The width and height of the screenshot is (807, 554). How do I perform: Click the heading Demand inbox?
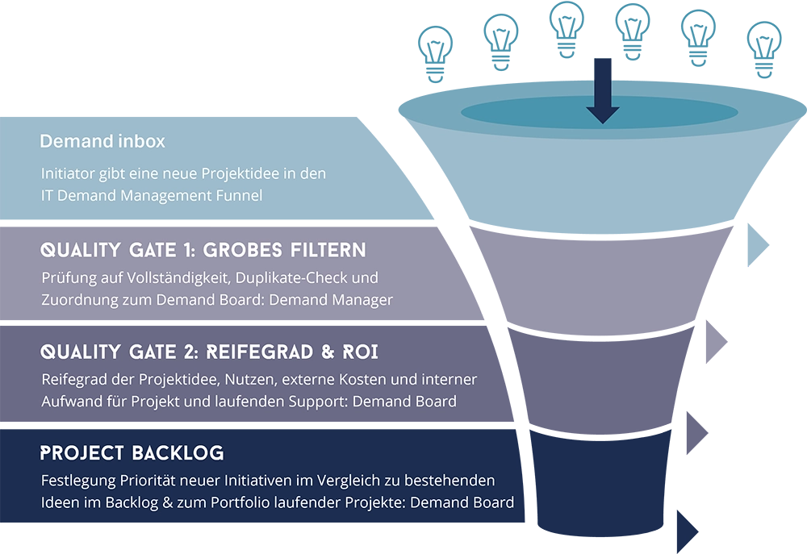[x=102, y=141]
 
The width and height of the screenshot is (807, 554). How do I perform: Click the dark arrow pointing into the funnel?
[x=602, y=98]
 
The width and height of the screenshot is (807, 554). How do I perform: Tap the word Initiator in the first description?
[x=67, y=173]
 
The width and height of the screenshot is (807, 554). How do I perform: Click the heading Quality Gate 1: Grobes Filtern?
[x=203, y=249]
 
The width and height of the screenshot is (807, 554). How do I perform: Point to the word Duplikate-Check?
[x=303, y=277]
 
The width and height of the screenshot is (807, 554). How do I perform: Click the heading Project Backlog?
[x=132, y=452]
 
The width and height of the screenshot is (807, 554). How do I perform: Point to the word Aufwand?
[x=70, y=401]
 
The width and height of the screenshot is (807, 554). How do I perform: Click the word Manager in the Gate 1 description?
[x=365, y=300]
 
